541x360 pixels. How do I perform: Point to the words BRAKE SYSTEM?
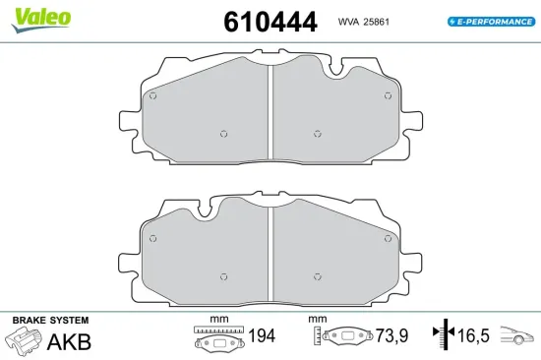pos(50,321)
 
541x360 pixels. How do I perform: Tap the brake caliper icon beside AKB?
pos(25,339)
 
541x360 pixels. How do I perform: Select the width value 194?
pos(261,337)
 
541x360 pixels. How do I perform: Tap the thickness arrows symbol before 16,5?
pos(446,337)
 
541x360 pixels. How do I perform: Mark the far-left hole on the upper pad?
pos(152,95)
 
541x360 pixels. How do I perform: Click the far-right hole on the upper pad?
pos(388,95)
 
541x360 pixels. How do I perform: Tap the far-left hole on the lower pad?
pos(152,238)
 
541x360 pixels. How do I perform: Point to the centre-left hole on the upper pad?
pos(224,134)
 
